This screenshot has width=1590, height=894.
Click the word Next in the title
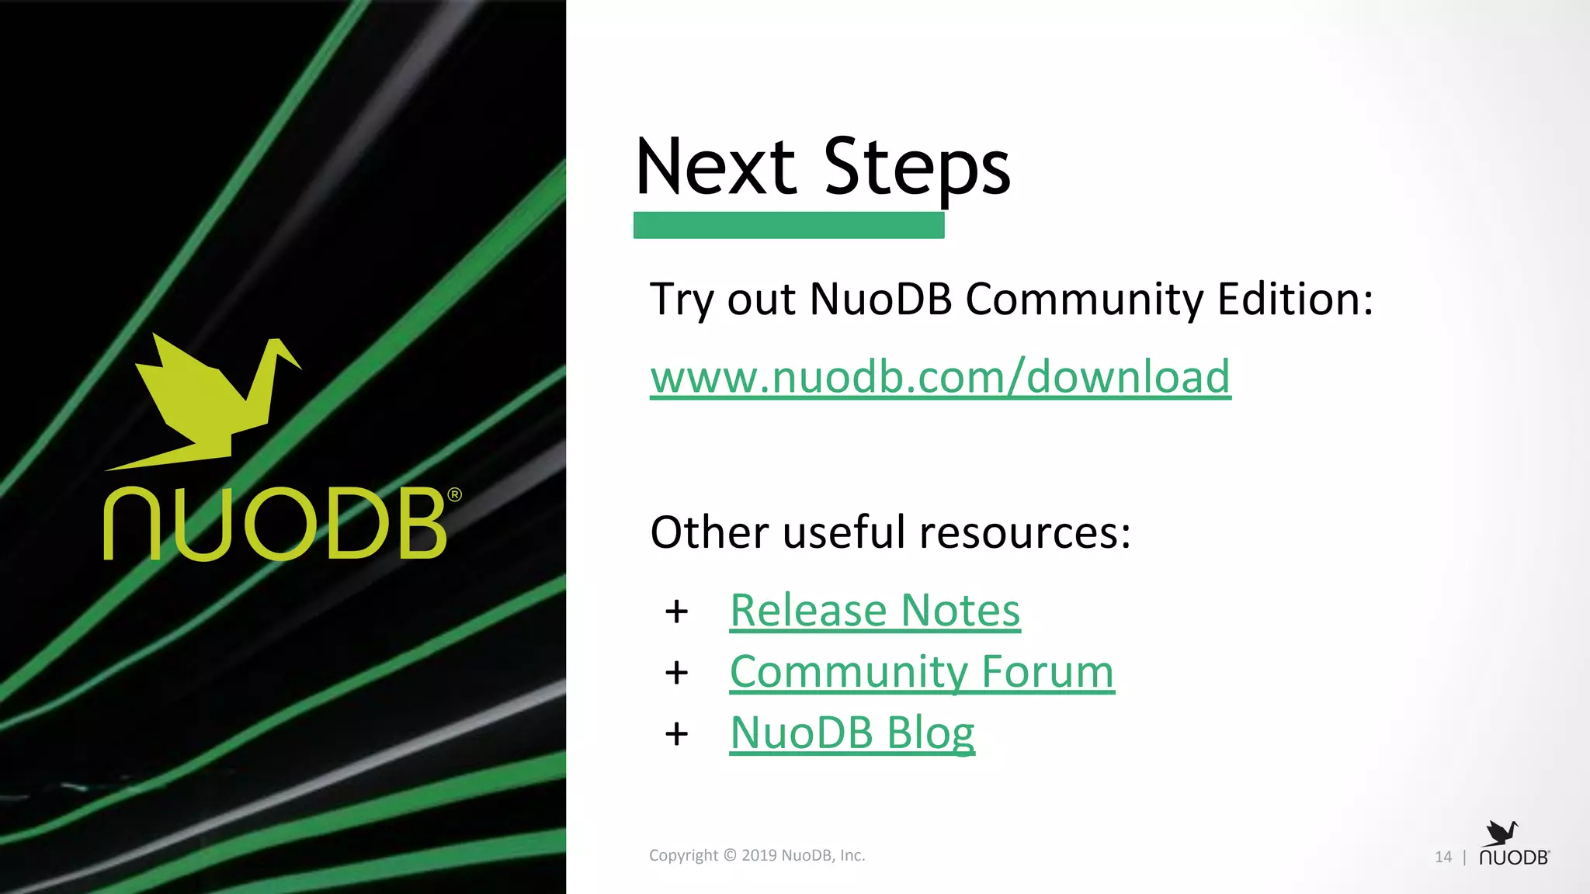pos(715,166)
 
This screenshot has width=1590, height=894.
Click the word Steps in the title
pos(916,168)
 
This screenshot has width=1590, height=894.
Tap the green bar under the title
pos(788,225)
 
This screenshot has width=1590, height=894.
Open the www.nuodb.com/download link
pos(940,377)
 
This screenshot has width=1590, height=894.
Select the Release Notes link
pos(875,611)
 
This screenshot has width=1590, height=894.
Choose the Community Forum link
pos(922,672)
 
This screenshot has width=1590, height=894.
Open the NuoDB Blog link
pos(852,733)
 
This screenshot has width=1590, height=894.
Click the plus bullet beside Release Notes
pos(676,612)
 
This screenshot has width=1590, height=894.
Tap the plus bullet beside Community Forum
pos(676,673)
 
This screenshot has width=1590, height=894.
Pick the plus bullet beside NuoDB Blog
pos(676,733)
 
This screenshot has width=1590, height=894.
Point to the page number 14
pos(1442,857)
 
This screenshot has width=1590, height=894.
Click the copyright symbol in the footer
pos(730,855)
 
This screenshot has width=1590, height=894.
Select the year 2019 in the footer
pos(759,855)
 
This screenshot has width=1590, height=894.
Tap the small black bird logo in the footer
pos(1501,833)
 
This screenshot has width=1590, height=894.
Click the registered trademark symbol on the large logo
pos(455,494)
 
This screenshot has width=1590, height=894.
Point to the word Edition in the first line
pos(1294,300)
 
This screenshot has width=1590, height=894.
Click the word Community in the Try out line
pos(1084,300)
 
